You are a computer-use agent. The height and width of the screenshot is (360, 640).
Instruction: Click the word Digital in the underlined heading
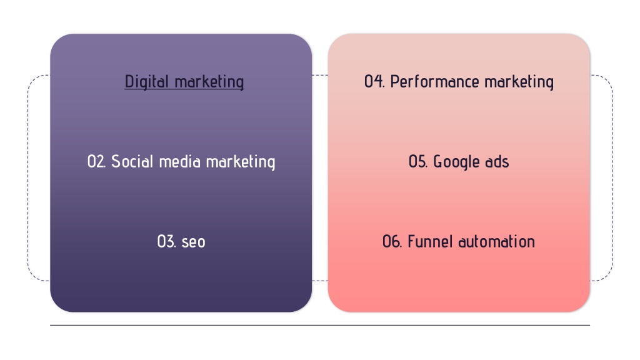(146, 82)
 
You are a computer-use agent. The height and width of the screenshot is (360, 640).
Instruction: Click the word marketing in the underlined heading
(209, 82)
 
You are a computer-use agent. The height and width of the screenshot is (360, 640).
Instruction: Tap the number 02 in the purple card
(97, 162)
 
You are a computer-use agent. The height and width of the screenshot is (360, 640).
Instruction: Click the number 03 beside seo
(166, 242)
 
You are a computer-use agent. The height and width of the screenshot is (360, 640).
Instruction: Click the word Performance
(435, 82)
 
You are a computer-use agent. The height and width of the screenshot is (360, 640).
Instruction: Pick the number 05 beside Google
(418, 162)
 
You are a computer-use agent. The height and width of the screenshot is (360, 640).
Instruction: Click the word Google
(456, 162)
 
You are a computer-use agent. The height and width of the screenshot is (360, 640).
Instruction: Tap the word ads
(497, 162)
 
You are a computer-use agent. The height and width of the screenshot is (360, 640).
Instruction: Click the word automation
(496, 242)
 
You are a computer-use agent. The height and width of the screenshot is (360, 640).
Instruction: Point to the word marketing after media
(241, 162)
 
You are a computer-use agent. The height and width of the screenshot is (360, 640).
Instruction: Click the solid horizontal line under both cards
(320, 325)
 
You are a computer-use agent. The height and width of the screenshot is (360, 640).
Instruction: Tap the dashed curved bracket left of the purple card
(28, 178)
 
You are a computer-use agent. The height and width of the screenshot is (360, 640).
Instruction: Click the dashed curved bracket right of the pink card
(612, 178)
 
